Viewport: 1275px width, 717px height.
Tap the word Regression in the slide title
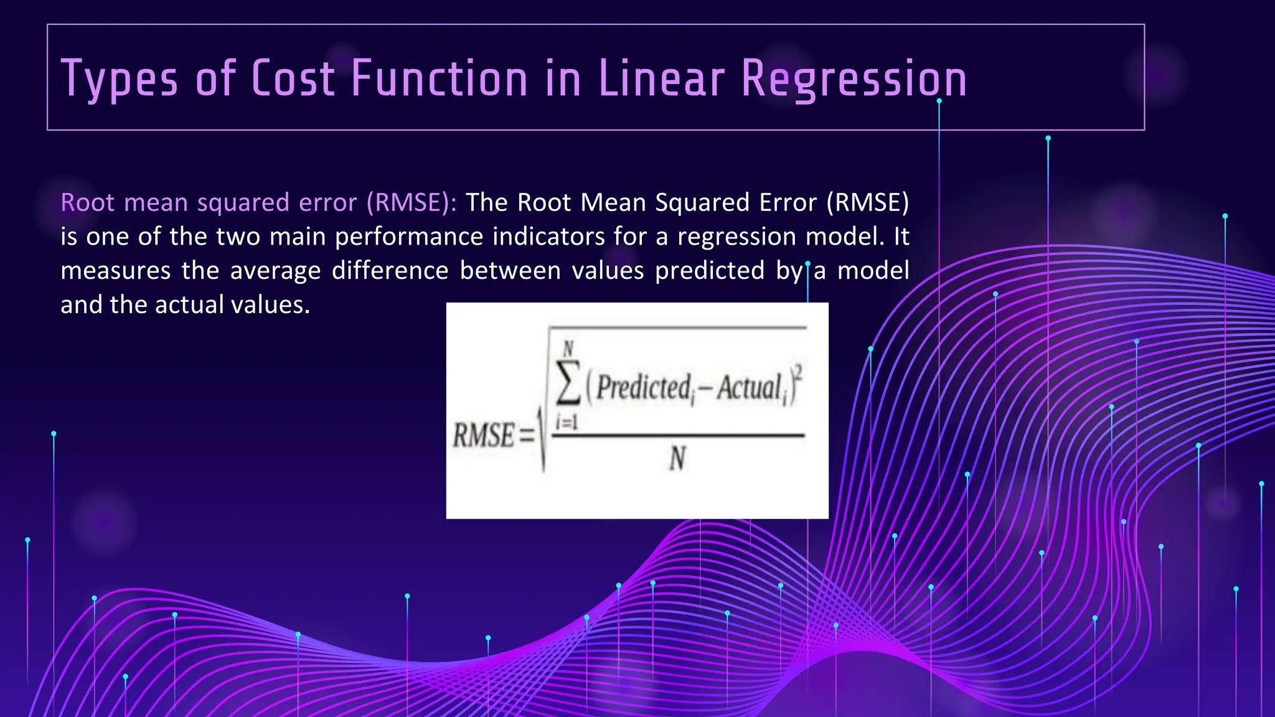coord(854,80)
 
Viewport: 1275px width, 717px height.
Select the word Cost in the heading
coord(293,78)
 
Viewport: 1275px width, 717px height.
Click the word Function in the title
coord(440,78)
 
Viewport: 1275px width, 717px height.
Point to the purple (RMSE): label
coord(412,203)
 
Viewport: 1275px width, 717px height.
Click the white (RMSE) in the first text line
coord(868,203)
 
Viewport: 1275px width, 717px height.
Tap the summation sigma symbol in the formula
coord(568,381)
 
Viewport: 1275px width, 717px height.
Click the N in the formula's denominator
coord(677,459)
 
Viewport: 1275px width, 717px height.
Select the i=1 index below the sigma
coord(567,423)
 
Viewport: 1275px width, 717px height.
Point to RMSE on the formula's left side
coord(484,435)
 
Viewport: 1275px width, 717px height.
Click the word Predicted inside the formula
coord(644,388)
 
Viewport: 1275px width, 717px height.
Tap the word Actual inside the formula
coord(749,388)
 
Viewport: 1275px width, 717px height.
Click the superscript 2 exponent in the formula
coord(799,372)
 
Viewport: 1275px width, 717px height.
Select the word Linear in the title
coord(661,78)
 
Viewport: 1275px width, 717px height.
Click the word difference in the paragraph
coord(390,271)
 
